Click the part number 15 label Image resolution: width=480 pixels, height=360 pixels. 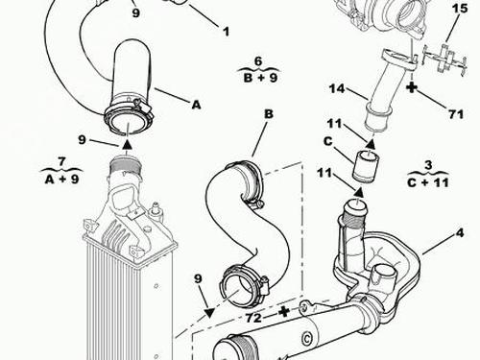point(460,9)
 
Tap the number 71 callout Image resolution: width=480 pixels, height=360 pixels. point(456,114)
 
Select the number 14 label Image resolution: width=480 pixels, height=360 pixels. point(337,88)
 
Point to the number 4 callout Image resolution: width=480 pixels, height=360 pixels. point(460,233)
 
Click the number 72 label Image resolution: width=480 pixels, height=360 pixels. point(253,318)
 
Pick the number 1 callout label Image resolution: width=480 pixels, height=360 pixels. point(227,32)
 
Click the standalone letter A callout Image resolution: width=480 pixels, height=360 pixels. point(196,105)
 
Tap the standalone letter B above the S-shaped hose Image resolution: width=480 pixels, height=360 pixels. point(269,114)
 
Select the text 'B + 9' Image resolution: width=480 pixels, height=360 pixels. point(260,78)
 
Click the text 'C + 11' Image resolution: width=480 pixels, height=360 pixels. point(428,182)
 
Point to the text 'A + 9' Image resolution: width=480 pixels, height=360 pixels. point(61,180)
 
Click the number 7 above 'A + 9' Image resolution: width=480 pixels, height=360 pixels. point(61,161)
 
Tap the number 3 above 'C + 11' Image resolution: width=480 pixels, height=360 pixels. point(428,165)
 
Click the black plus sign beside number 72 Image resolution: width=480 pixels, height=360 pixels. point(284,311)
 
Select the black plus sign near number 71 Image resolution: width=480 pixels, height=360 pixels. point(412,87)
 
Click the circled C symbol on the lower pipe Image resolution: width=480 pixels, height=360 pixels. point(306,339)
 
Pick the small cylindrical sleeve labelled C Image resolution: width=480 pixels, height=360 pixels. point(365,166)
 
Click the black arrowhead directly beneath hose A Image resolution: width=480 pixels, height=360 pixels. point(127,144)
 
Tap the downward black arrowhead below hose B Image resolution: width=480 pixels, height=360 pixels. point(209,313)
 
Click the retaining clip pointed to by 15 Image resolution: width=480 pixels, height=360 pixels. point(444,60)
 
